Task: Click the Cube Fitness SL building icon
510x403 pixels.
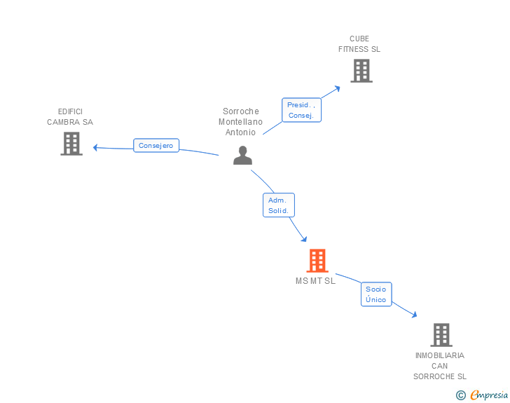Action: click(x=361, y=71)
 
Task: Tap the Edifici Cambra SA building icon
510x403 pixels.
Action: click(x=71, y=144)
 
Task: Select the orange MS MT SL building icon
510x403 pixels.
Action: click(x=317, y=261)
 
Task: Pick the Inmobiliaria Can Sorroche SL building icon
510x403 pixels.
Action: click(x=441, y=335)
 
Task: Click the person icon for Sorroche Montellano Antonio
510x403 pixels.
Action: click(x=242, y=156)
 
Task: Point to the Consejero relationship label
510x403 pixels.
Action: click(x=156, y=146)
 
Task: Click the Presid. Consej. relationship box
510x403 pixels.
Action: click(x=301, y=110)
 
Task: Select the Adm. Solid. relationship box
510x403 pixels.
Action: click(x=278, y=205)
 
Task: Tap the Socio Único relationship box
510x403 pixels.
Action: click(x=375, y=294)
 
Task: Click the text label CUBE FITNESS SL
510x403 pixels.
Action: click(x=359, y=44)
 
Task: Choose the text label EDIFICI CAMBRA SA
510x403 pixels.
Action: click(x=70, y=116)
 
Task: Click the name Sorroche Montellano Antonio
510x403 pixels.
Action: click(x=240, y=121)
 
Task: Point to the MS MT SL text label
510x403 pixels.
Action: click(x=315, y=281)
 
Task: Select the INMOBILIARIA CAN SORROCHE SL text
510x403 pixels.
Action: click(x=440, y=366)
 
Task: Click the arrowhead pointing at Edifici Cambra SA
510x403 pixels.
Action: click(x=95, y=147)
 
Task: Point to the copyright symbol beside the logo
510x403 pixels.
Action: click(x=460, y=395)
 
